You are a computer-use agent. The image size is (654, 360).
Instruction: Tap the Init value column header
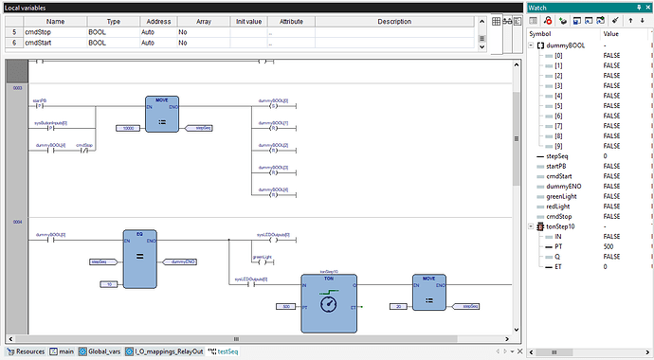tap(247, 21)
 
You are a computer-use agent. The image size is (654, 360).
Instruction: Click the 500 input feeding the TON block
tap(284, 307)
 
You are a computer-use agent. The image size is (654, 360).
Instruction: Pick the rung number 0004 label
tap(18, 222)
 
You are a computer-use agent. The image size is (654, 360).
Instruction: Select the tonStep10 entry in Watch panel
tap(561, 227)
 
